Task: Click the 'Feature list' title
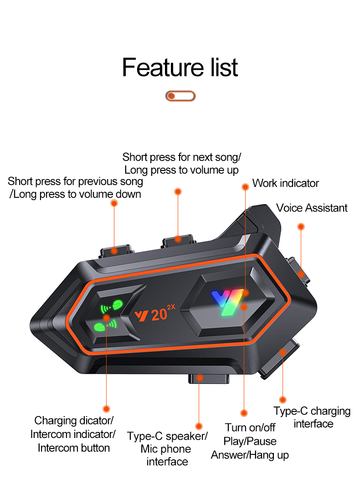click(x=180, y=67)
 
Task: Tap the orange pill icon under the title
click(x=180, y=96)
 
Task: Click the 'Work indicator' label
click(x=285, y=183)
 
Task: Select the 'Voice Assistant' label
click(x=312, y=208)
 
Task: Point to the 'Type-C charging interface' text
click(x=312, y=417)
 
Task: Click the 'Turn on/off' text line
click(x=250, y=427)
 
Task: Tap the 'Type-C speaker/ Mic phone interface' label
click(x=167, y=449)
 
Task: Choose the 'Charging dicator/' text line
click(x=74, y=420)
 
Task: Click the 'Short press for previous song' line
click(x=75, y=181)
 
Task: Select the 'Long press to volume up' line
click(x=181, y=170)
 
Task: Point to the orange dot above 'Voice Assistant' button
click(x=301, y=227)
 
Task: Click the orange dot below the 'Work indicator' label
click(x=245, y=186)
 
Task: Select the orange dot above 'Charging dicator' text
click(x=107, y=409)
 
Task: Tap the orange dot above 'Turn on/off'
click(x=244, y=413)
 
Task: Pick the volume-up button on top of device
click(x=178, y=239)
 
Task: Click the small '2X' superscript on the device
click(x=171, y=307)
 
